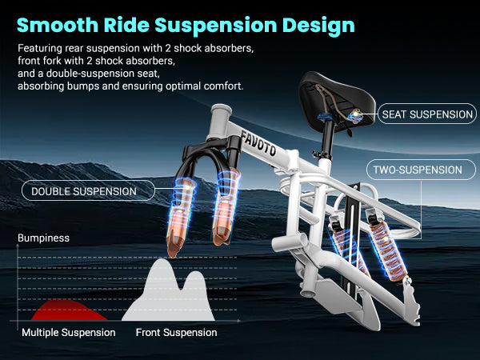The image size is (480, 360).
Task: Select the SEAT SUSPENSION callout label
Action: coord(428,114)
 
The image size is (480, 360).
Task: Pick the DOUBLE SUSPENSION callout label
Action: coord(83,191)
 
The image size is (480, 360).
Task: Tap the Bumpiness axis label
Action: coord(44,238)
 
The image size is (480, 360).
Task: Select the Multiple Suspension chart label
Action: coord(69,332)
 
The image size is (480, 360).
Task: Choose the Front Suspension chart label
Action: coord(176,332)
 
